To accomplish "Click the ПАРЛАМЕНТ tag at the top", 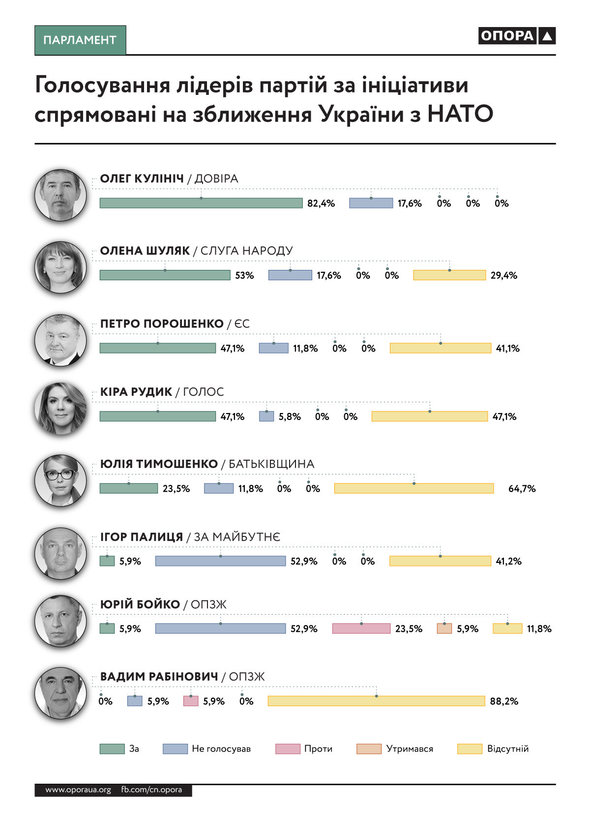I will coord(80,40).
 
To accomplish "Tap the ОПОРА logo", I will coord(516,36).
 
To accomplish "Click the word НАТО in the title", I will coord(460,114).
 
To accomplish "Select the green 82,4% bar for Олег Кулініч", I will coord(201,203).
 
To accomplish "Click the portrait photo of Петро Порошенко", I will coord(60,340).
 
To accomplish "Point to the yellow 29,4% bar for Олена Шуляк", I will coord(449,275).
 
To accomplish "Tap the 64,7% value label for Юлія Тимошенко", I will coord(522,489).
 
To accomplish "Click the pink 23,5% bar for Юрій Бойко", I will coord(361,628).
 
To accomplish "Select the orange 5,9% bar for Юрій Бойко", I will coord(444,628).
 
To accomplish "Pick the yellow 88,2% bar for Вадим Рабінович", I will coord(376,701).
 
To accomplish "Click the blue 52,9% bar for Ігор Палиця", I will coord(220,561).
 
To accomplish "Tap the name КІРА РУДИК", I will coord(136,392).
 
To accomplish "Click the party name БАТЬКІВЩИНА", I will coord(271,464).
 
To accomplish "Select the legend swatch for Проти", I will coord(288,749).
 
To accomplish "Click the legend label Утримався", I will coord(410,749).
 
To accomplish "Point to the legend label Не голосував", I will coord(221,749).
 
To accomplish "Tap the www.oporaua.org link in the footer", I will coord(78,790).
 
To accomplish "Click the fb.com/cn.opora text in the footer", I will coord(151,790).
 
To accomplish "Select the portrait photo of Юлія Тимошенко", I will coord(60,480).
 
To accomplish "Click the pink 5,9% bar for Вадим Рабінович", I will coord(191,701).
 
